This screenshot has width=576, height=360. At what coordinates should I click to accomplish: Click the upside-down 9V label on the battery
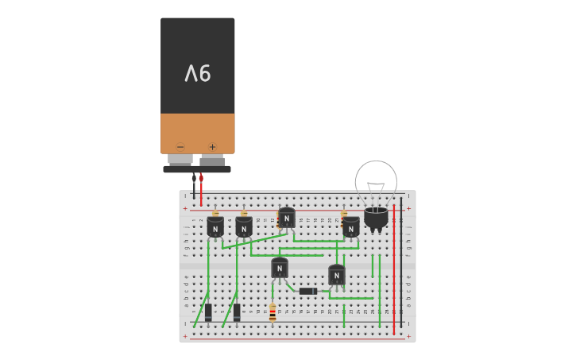pyautogui.click(x=198, y=74)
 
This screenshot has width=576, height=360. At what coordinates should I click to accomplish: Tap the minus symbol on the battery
pyautogui.click(x=180, y=146)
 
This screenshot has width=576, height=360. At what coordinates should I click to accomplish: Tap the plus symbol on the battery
pyautogui.click(x=212, y=146)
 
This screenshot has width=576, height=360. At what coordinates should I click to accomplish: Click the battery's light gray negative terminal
pyautogui.click(x=180, y=159)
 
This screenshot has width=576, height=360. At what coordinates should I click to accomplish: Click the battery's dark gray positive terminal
pyautogui.click(x=212, y=161)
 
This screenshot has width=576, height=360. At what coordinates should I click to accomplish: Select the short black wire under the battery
pyautogui.click(x=194, y=189)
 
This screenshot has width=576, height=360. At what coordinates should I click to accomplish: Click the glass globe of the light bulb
pyautogui.click(x=376, y=181)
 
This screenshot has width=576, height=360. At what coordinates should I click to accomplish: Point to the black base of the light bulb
pyautogui.click(x=376, y=217)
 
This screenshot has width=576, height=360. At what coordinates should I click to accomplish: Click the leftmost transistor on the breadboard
pyautogui.click(x=215, y=227)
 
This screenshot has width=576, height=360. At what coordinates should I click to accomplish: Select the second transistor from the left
pyautogui.click(x=244, y=227)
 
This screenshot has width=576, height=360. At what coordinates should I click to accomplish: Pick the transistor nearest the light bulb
pyautogui.click(x=350, y=226)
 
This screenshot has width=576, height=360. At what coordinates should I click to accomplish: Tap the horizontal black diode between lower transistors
pyautogui.click(x=308, y=291)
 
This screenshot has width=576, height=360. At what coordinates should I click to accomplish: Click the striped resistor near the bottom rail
pyautogui.click(x=273, y=313)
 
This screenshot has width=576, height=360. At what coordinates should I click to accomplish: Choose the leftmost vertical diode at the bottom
pyautogui.click(x=208, y=312)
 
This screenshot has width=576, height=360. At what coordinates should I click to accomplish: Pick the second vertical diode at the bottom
pyautogui.click(x=237, y=312)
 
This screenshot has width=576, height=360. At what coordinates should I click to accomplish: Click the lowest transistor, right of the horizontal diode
pyautogui.click(x=337, y=275)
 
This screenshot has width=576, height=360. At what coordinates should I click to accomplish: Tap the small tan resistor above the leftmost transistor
pyautogui.click(x=215, y=213)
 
